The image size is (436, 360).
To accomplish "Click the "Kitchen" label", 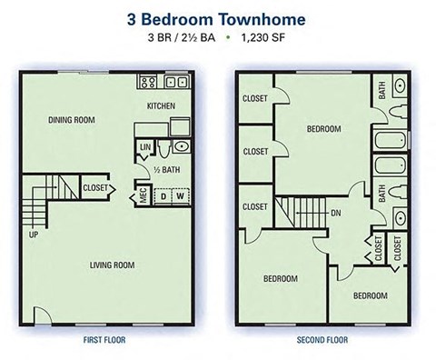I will (x=162, y=106).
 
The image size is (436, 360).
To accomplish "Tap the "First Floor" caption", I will (x=106, y=341).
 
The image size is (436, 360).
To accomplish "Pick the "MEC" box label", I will (x=143, y=195).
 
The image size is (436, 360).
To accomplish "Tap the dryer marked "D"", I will (x=163, y=195).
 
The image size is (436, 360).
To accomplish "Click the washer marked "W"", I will (x=180, y=195).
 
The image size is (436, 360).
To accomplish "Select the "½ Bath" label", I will (x=165, y=169).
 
